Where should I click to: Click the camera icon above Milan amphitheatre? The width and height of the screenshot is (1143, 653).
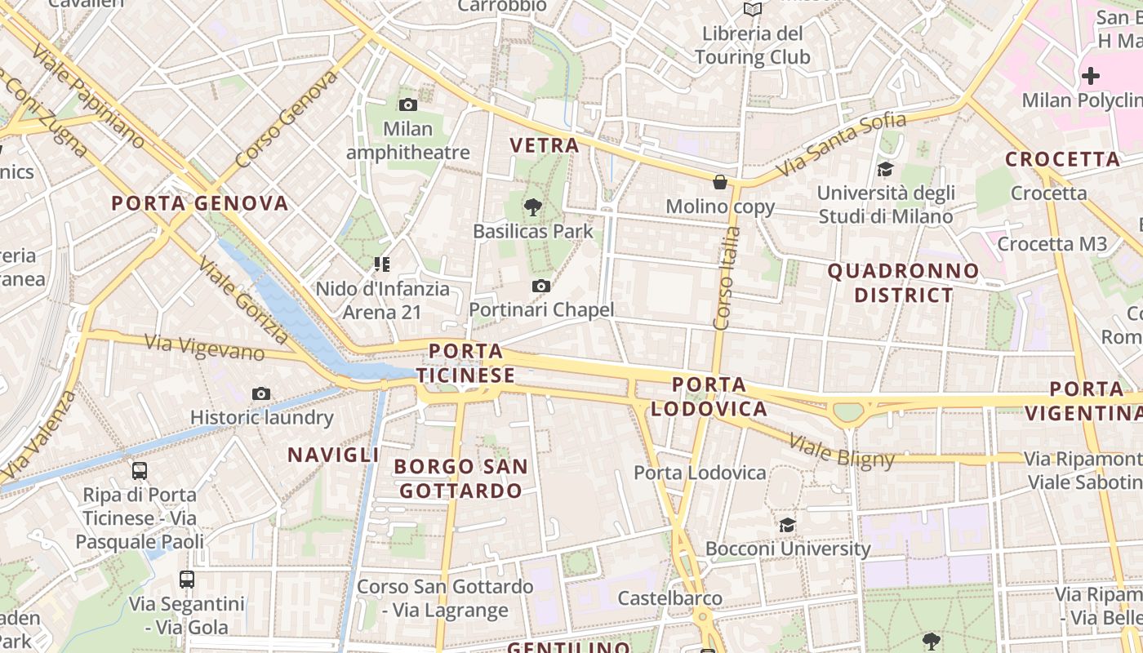[408, 104]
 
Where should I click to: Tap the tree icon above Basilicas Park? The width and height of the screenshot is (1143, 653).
[533, 207]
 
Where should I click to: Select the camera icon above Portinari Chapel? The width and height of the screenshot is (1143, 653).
[540, 286]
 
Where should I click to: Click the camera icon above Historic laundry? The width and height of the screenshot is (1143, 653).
[261, 393]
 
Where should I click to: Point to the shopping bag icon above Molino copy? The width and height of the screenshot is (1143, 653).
[720, 181]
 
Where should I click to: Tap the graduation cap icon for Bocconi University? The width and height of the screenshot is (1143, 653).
[787, 525]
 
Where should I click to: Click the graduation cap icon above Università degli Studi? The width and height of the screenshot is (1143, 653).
[885, 169]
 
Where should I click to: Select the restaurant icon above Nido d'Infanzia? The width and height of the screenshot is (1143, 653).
[381, 264]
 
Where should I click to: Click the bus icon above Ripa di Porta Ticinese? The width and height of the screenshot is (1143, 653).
[140, 470]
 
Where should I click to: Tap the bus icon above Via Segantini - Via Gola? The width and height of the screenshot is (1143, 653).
[187, 580]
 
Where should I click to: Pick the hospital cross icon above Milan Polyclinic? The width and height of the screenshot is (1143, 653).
[1091, 76]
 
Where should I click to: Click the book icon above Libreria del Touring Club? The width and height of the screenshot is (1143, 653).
[753, 9]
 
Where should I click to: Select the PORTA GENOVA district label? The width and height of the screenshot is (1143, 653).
[200, 203]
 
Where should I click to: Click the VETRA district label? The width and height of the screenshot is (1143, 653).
[545, 145]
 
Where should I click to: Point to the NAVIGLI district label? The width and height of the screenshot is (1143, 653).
[333, 455]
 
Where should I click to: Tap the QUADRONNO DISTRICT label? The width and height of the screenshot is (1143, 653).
[904, 282]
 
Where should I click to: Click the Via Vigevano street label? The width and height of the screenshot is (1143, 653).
[205, 348]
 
